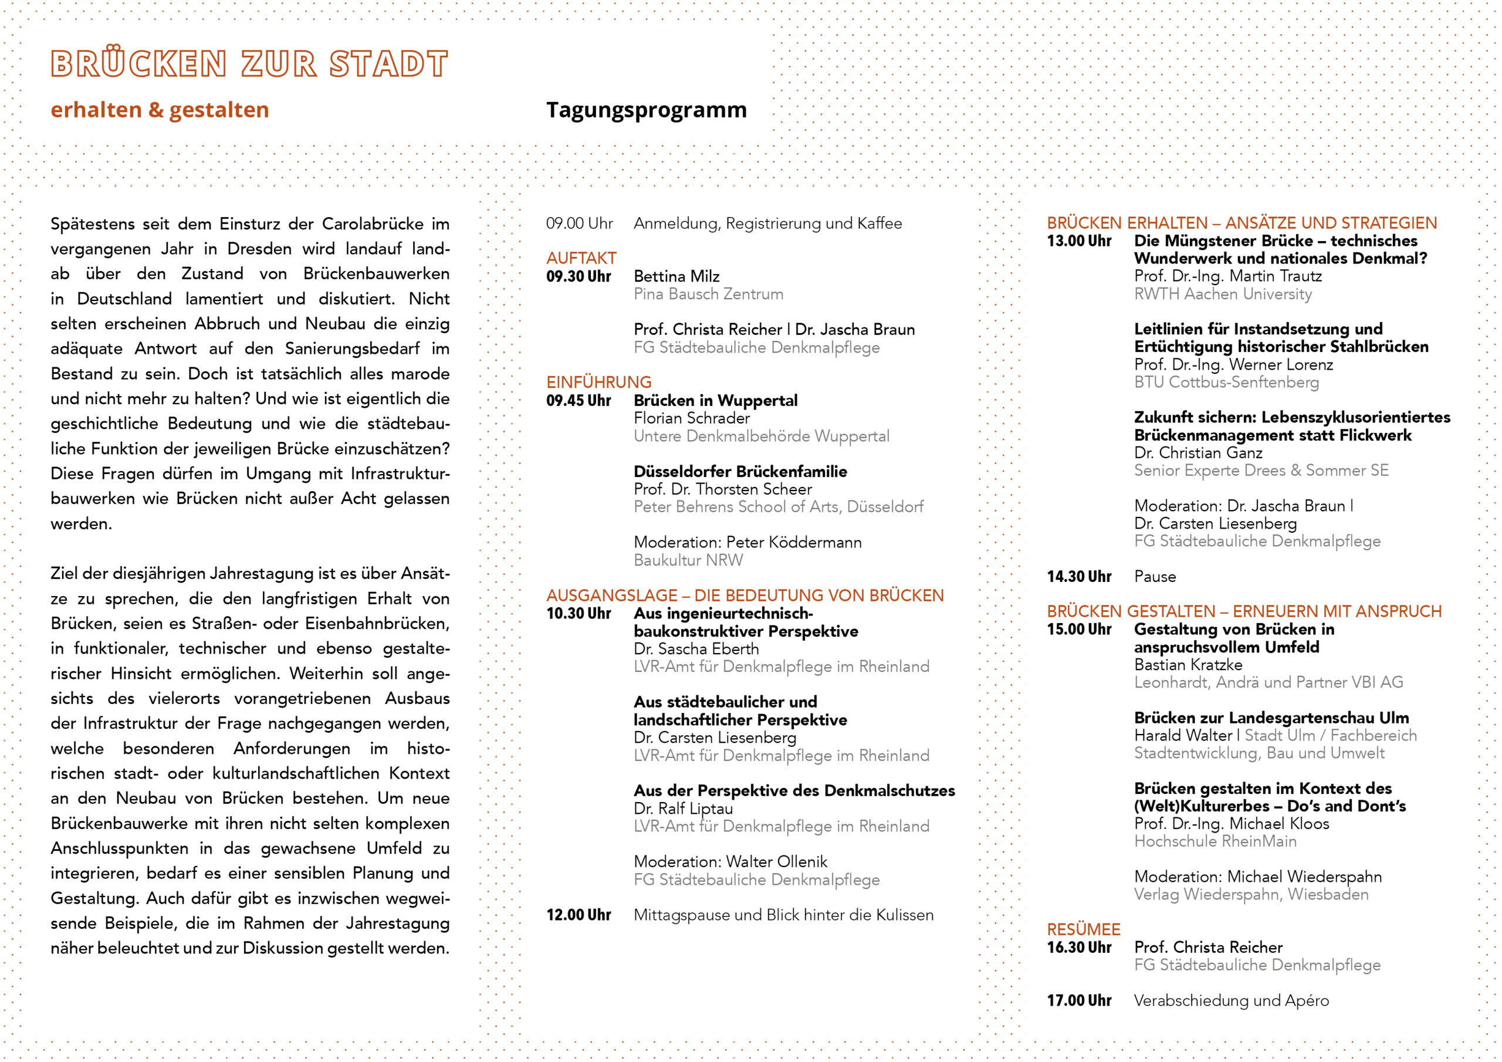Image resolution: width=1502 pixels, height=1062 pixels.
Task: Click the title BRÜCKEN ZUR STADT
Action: pyautogui.click(x=249, y=63)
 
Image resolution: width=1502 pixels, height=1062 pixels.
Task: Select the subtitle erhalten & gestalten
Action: pyautogui.click(x=160, y=110)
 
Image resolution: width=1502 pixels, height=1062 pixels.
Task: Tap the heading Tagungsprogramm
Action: pyautogui.click(x=647, y=110)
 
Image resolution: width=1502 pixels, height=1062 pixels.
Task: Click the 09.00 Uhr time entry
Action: pyautogui.click(x=579, y=224)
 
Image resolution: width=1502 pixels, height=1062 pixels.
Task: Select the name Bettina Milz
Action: pyautogui.click(x=676, y=276)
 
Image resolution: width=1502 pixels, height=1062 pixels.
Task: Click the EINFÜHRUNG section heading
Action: pyautogui.click(x=598, y=382)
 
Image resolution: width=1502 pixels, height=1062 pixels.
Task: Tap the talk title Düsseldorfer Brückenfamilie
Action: pyautogui.click(x=740, y=471)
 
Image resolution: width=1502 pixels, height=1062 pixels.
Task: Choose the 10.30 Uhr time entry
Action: pyautogui.click(x=579, y=614)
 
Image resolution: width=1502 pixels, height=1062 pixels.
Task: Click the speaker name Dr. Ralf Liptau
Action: pyautogui.click(x=683, y=809)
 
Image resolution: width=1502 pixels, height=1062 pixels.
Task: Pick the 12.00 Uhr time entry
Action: pyautogui.click(x=579, y=915)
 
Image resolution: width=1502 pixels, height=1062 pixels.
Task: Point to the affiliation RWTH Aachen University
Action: pyautogui.click(x=1223, y=295)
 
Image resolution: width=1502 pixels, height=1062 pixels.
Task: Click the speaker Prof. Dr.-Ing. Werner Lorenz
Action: pyautogui.click(x=1233, y=364)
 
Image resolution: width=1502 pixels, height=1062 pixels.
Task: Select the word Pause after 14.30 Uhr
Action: pyautogui.click(x=1155, y=577)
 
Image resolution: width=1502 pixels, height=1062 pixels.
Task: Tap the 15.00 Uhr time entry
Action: pyautogui.click(x=1079, y=630)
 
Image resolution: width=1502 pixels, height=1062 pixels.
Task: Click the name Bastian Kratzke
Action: pyautogui.click(x=1188, y=665)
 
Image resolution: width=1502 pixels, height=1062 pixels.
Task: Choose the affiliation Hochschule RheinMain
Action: pyautogui.click(x=1215, y=841)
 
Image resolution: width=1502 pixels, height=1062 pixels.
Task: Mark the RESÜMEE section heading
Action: pyautogui.click(x=1083, y=930)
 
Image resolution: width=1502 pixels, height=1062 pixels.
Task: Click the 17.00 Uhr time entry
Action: pyautogui.click(x=1079, y=1000)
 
